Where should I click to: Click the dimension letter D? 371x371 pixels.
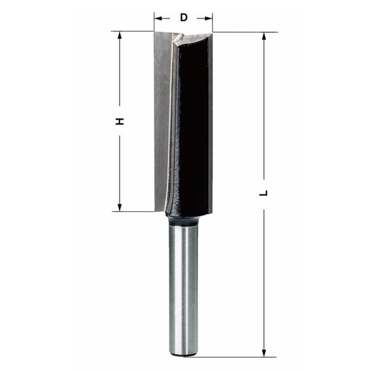click(x=184, y=17)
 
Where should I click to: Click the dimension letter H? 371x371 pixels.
click(x=120, y=121)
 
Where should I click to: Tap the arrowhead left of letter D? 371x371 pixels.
click(x=158, y=18)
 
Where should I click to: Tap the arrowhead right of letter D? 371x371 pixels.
click(x=208, y=18)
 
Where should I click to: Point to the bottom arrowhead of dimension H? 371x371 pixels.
click(x=120, y=208)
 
